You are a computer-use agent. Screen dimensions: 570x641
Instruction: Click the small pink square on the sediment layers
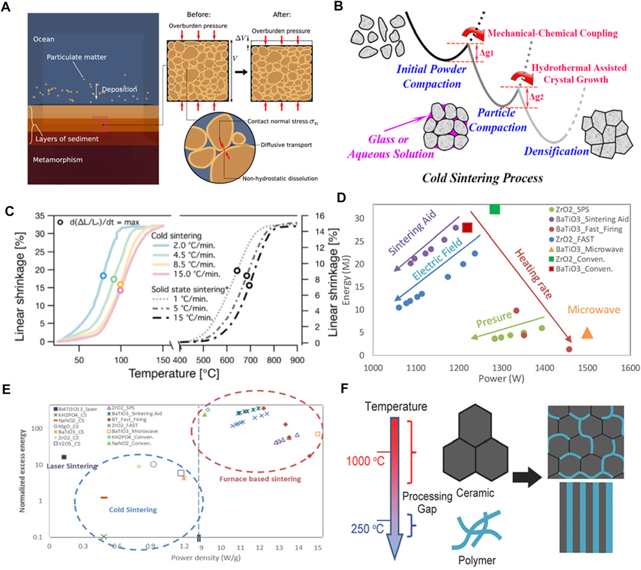coord(100,124)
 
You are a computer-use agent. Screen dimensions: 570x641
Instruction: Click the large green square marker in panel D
coord(495,209)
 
